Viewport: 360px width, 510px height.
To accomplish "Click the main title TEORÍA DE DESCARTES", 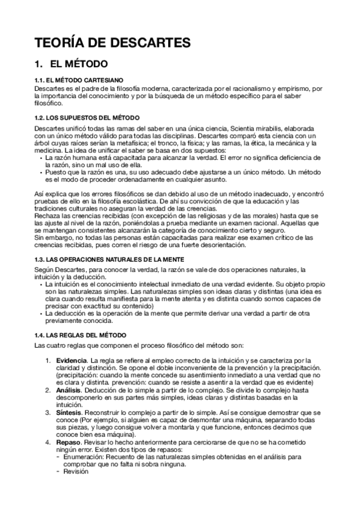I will pyautogui.click(x=112, y=43).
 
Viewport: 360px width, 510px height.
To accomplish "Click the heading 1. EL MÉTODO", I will pyautogui.click(x=71, y=63).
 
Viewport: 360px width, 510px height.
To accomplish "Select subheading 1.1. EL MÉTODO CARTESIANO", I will pyautogui.click(x=79, y=79).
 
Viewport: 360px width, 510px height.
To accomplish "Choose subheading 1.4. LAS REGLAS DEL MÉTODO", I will pyautogui.click(x=81, y=334).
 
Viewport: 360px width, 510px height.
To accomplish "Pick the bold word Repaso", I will pyautogui.click(x=69, y=442).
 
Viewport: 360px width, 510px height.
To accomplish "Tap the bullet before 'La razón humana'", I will pyautogui.click(x=40, y=158).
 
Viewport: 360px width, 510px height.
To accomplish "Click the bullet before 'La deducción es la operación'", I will pyautogui.click(x=40, y=313).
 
